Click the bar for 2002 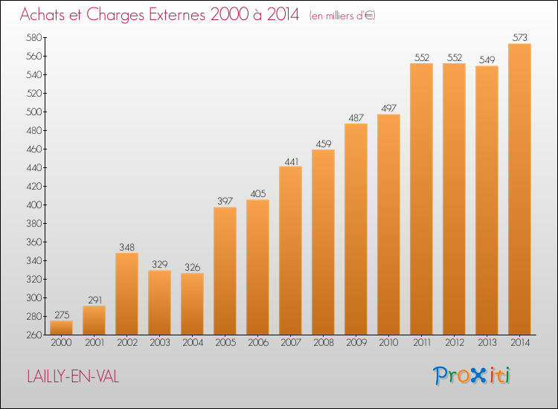coord(126,294)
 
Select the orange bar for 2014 coord(519,189)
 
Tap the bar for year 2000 coord(61,327)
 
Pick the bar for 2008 coord(323,242)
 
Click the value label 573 coord(520,37)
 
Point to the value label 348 coord(127,247)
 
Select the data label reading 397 coord(225,201)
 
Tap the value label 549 coord(487,59)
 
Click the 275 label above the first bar coord(62,315)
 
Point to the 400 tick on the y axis coord(34,204)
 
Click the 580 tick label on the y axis coord(34,37)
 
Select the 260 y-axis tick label coord(34,335)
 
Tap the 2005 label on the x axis coord(225,343)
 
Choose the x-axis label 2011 coord(422,343)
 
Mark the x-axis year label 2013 coord(487,343)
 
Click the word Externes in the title coord(177,15)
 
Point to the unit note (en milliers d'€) coord(342,16)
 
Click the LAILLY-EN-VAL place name coord(73,376)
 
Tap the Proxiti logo coord(472,376)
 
